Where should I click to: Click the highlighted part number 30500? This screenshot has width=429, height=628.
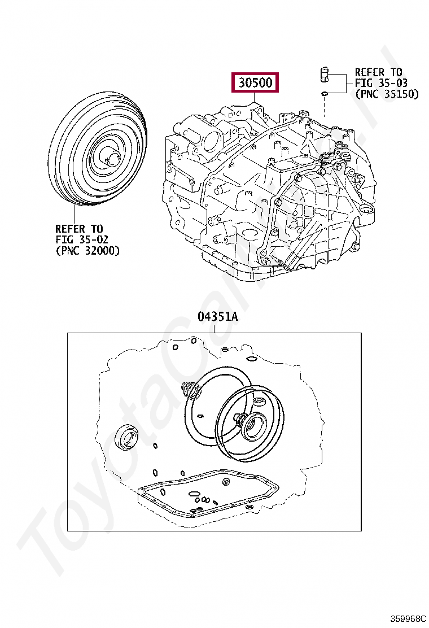(x=255, y=84)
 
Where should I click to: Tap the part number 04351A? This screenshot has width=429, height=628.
(x=217, y=317)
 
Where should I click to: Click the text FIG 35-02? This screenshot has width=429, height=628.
(x=79, y=239)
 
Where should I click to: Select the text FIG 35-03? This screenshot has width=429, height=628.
(x=378, y=83)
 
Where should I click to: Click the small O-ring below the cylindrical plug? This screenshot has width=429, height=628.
(x=325, y=93)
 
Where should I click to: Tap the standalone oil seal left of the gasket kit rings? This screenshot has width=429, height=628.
(x=125, y=436)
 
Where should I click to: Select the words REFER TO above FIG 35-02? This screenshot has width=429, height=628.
(x=79, y=229)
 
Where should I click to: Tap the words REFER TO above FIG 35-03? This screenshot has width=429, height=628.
(x=378, y=72)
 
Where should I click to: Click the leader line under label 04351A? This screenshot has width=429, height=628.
(x=217, y=328)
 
